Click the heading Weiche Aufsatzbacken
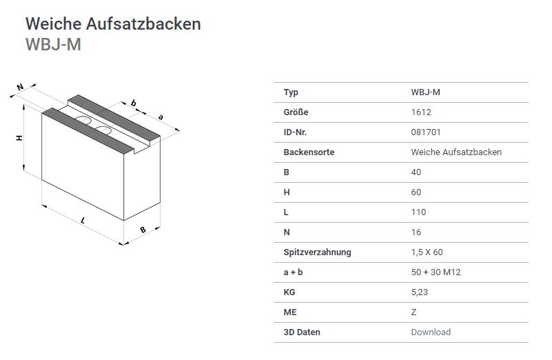pos(113,24)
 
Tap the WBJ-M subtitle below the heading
pos(53,44)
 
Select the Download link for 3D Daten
pos(431,332)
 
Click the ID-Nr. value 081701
pos(426,132)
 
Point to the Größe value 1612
pos(421,112)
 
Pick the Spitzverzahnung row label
pos(317,252)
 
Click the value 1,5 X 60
pos(427,252)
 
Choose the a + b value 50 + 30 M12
pos(436,272)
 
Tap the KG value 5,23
pos(419,292)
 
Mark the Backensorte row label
pos(309,152)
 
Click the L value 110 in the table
pos(418,212)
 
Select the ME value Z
pos(413,312)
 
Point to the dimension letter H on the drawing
pos(19,138)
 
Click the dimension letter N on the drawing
pos(20,87)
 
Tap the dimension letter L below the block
pos(83,221)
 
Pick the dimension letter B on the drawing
pos(143,230)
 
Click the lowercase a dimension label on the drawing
pos(161,117)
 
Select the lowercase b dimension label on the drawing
pos(133,103)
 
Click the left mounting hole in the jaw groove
pos(83,120)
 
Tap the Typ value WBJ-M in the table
pos(425,92)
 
